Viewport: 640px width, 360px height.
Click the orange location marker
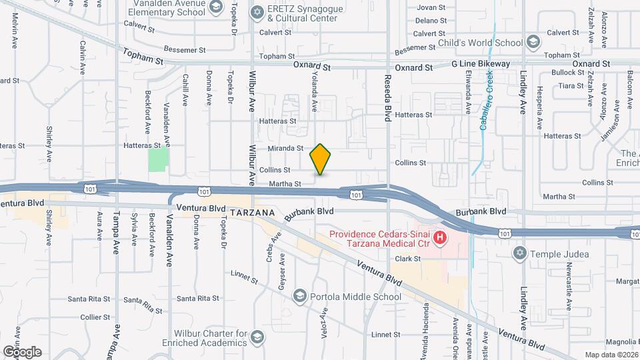point(321,159)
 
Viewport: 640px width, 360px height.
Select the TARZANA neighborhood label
point(252,212)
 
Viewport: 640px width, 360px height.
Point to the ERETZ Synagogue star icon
point(257,12)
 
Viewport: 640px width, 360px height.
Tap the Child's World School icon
point(533,43)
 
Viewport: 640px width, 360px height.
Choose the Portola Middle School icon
point(300,297)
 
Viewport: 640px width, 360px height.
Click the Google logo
point(22,351)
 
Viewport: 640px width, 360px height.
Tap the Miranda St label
point(286,149)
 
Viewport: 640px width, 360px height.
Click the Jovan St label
point(430,8)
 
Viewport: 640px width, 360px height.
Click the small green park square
point(158,159)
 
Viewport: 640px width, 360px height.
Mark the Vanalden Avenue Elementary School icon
point(215,8)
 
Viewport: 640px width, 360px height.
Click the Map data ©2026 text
point(611,355)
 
